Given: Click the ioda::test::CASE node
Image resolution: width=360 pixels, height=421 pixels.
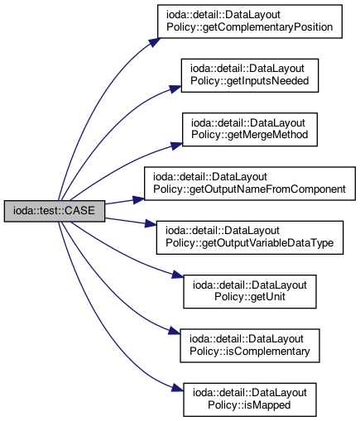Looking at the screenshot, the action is tap(55, 211).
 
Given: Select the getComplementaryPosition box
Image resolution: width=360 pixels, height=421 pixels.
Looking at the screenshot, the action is tap(250, 22).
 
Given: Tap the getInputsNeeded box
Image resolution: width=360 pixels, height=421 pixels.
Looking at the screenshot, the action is tap(250, 75).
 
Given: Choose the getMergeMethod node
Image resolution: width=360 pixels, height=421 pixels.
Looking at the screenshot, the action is tap(250, 129).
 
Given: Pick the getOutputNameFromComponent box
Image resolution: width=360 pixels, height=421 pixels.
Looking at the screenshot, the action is tap(250, 184).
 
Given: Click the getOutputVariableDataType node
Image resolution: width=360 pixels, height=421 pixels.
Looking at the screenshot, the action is tap(250, 237).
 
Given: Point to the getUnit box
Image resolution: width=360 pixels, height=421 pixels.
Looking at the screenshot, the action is tap(250, 291).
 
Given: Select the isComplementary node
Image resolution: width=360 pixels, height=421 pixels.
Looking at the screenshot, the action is tap(250, 346).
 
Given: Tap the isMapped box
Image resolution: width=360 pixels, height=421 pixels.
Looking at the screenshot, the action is tap(250, 399).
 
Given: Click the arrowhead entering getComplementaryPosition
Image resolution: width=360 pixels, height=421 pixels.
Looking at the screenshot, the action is tap(155, 42).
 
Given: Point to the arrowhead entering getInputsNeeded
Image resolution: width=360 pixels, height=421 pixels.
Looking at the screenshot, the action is tap(175, 89).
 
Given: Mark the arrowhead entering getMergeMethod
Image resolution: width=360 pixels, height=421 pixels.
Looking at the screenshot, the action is tap(176, 146).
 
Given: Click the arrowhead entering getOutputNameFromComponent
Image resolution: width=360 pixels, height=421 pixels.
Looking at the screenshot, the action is tap(138, 199).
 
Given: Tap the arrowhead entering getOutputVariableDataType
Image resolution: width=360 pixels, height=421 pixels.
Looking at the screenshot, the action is tap(151, 223).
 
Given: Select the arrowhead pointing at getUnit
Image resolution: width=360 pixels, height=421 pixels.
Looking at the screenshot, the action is tap(178, 275).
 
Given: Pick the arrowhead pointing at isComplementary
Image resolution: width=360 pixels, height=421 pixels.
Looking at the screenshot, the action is tap(175, 331).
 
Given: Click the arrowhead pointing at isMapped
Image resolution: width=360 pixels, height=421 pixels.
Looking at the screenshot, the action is tap(178, 388).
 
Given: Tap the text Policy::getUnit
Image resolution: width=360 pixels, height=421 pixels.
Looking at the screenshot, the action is tap(250, 297).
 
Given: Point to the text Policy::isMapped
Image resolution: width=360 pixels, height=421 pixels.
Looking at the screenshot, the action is tap(249, 405).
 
